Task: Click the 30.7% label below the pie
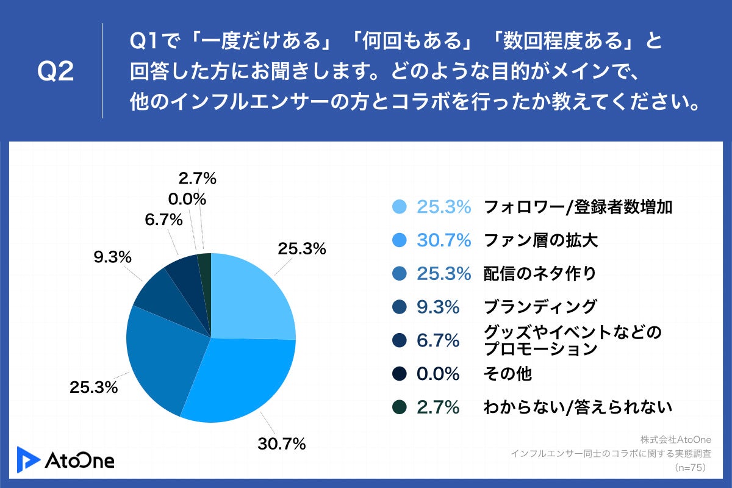[281, 444]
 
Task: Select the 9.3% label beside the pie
[113, 257]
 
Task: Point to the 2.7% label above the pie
[198, 179]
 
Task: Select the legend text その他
[508, 373]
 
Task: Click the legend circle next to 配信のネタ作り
[400, 274]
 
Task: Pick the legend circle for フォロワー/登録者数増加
[400, 207]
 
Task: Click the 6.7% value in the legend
[438, 340]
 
